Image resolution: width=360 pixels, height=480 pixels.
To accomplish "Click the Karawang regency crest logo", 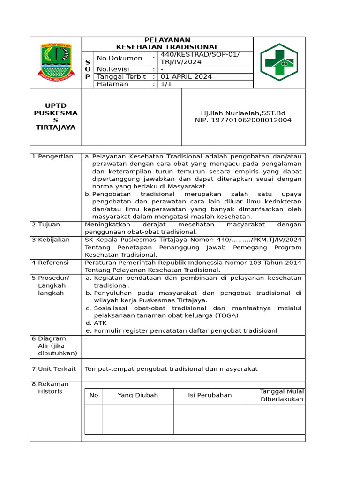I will click(56, 62).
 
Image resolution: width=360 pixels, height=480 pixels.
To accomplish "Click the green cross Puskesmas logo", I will click(278, 62).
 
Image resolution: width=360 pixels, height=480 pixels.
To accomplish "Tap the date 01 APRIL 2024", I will click(186, 76).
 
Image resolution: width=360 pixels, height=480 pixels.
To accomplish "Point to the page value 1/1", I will click(167, 84).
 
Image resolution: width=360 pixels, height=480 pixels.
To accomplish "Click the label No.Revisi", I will click(113, 69).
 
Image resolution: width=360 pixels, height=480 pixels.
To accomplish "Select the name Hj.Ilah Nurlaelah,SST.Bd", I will click(243, 113).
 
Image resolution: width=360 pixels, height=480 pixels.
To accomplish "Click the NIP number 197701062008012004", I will click(243, 120).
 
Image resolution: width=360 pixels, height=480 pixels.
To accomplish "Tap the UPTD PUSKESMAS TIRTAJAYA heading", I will click(56, 117).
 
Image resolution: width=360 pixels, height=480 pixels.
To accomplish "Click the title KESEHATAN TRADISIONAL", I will click(167, 47).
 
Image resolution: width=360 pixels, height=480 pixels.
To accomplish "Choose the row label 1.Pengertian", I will click(52, 157).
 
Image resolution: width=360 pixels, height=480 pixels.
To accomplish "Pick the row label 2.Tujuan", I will click(46, 225).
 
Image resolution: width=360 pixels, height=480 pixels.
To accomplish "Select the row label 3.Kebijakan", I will click(51, 240).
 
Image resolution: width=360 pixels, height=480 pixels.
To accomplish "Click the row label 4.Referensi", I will click(50, 262).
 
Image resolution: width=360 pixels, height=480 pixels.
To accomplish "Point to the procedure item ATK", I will click(100, 323).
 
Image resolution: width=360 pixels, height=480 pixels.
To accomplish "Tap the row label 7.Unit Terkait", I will click(53, 369).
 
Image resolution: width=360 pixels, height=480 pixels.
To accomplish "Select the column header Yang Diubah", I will click(138, 395).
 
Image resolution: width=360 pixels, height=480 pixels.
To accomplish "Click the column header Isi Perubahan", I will click(210, 395).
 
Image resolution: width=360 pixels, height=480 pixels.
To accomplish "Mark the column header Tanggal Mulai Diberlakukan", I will click(282, 396).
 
